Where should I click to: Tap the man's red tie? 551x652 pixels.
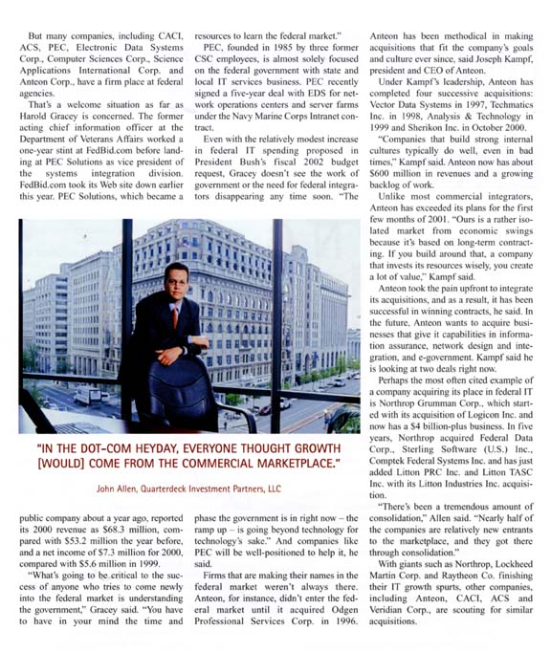tap(176, 315)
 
